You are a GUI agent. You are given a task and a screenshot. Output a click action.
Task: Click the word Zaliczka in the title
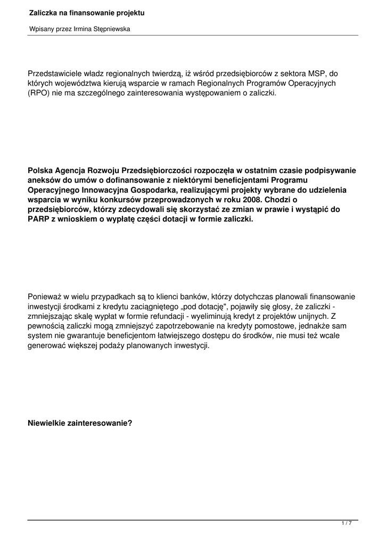pyautogui.click(x=45, y=12)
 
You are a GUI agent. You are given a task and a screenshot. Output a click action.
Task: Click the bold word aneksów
pyautogui.click(x=45, y=180)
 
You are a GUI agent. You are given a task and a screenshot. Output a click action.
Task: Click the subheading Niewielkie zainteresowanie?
pyautogui.click(x=80, y=424)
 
